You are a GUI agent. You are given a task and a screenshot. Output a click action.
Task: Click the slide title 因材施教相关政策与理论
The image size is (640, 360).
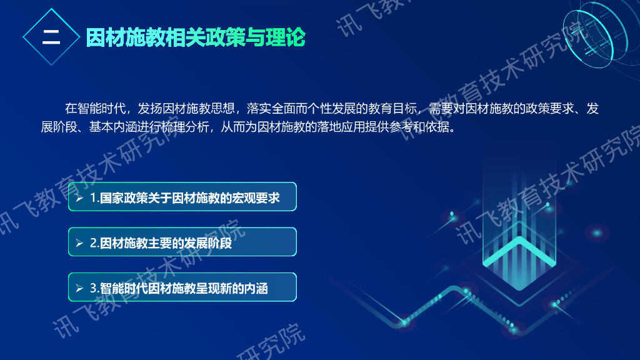pyautogui.click(x=195, y=37)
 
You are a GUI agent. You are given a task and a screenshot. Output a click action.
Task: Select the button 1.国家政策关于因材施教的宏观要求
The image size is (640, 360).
pyautogui.click(x=182, y=197)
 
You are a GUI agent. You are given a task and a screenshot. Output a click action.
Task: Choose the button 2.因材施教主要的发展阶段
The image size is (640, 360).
pyautogui.click(x=182, y=242)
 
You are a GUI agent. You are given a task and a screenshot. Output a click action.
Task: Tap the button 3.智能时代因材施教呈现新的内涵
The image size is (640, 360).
pyautogui.click(x=182, y=287)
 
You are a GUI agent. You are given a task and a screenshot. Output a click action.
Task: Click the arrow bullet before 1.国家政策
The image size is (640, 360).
pyautogui.click(x=79, y=198)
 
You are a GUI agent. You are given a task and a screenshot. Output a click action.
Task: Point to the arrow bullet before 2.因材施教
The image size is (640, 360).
pyautogui.click(x=79, y=243)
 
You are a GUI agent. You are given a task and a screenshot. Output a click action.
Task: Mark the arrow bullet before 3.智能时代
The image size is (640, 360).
pyautogui.click(x=79, y=288)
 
